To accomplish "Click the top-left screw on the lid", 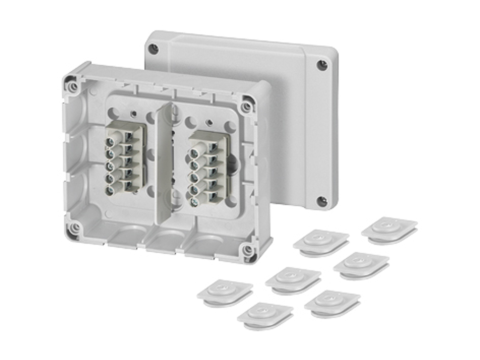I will [x=153, y=48].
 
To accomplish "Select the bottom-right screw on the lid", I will [x=322, y=201].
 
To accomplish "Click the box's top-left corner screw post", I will [x=72, y=87].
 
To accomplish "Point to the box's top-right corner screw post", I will [x=247, y=106].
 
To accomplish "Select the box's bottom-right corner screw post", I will [x=247, y=250].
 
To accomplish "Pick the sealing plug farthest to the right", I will [x=389, y=230].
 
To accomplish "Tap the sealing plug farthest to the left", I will [x=225, y=292].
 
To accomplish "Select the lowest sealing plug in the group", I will [x=265, y=315].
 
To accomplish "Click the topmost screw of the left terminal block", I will [x=112, y=141].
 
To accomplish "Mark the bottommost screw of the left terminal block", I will [x=111, y=190].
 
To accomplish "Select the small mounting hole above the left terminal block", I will [x=134, y=113].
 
